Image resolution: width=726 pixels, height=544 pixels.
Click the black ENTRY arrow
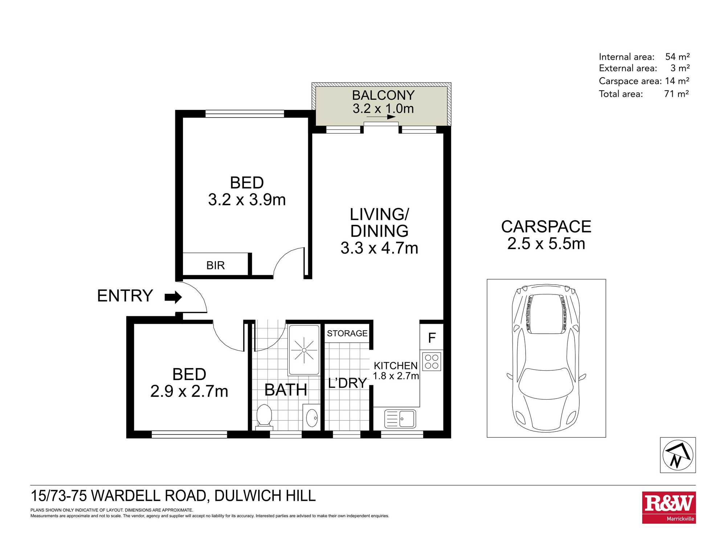[x=173, y=297]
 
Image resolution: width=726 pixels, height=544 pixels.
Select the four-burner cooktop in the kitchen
[x=432, y=361]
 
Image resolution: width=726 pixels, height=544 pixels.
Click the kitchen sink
[x=400, y=419]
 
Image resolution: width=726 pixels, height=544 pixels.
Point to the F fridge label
[x=432, y=338]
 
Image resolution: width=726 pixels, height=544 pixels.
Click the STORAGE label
[x=347, y=333]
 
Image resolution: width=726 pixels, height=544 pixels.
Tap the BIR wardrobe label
[x=216, y=265]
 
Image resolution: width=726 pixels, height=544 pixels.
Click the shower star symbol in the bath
[x=304, y=350]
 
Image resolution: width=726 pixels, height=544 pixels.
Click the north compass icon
[x=678, y=455]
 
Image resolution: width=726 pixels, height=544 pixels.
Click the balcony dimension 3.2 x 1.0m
[x=383, y=108]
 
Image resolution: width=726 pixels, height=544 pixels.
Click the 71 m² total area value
[x=676, y=94]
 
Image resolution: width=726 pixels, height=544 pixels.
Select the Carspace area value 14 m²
[x=677, y=81]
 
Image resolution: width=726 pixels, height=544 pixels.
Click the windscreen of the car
[x=546, y=383]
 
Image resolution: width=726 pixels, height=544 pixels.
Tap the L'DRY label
[x=347, y=383]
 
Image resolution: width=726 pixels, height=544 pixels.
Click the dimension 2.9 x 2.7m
[x=189, y=391]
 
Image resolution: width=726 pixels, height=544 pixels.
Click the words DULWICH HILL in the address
[x=265, y=496]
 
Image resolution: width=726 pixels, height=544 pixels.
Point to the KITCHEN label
[x=396, y=366]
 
